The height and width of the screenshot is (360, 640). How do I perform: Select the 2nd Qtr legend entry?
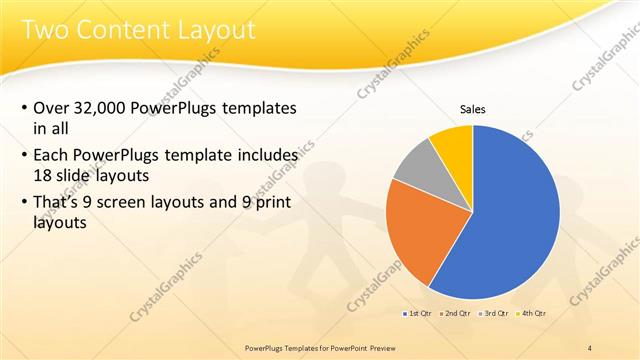coord(456,313)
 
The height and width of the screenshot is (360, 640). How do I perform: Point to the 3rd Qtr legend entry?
coord(495,313)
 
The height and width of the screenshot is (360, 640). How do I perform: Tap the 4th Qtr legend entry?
coord(533,313)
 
